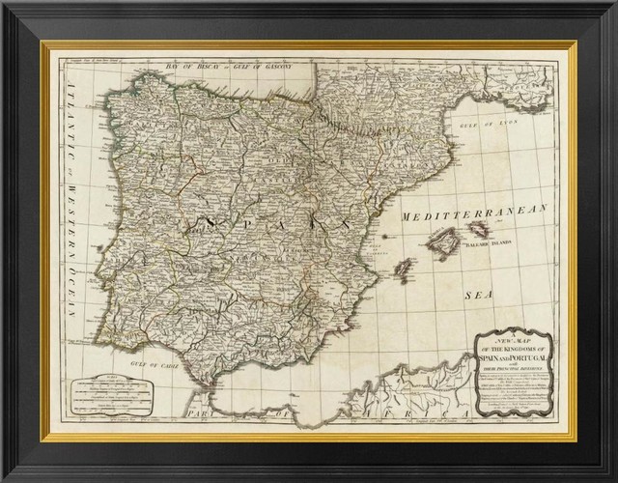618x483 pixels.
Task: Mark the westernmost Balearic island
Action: [404, 267]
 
